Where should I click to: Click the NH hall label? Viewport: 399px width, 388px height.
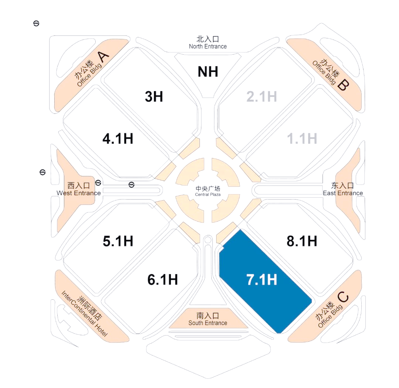pyautogui.click(x=208, y=72)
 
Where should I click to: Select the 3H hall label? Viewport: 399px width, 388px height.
pyautogui.click(x=154, y=97)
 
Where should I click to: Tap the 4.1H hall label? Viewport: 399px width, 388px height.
pyautogui.click(x=118, y=139)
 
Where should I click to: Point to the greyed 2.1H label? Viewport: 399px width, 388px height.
pyautogui.click(x=262, y=97)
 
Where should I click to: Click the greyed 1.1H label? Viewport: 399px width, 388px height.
pyautogui.click(x=302, y=139)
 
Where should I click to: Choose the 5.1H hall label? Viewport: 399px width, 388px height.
pyautogui.click(x=118, y=241)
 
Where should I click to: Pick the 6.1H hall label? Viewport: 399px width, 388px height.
pyautogui.click(x=163, y=279)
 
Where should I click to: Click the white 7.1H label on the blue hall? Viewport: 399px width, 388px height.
pyautogui.click(x=262, y=279)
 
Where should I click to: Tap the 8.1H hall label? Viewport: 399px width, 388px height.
pyautogui.click(x=302, y=241)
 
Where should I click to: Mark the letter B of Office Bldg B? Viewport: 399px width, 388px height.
pyautogui.click(x=343, y=85)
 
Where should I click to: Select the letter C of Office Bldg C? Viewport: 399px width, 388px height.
pyautogui.click(x=343, y=297)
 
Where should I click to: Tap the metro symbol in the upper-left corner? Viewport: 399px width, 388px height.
pyautogui.click(x=36, y=23)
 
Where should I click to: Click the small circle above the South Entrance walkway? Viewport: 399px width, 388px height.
pyautogui.click(x=208, y=239)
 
